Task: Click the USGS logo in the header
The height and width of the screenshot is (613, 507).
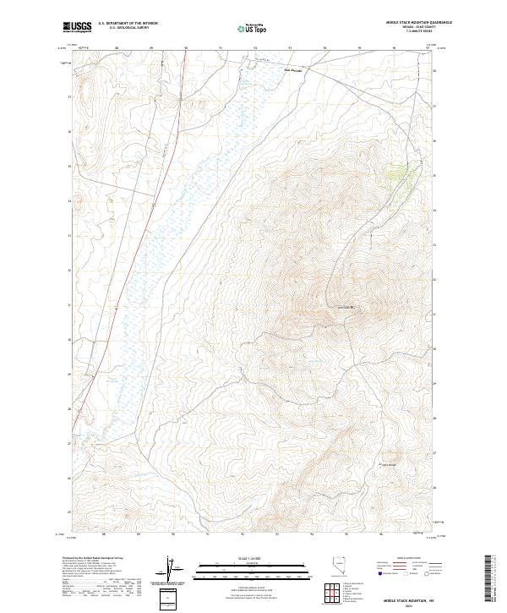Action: (x=78, y=26)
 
